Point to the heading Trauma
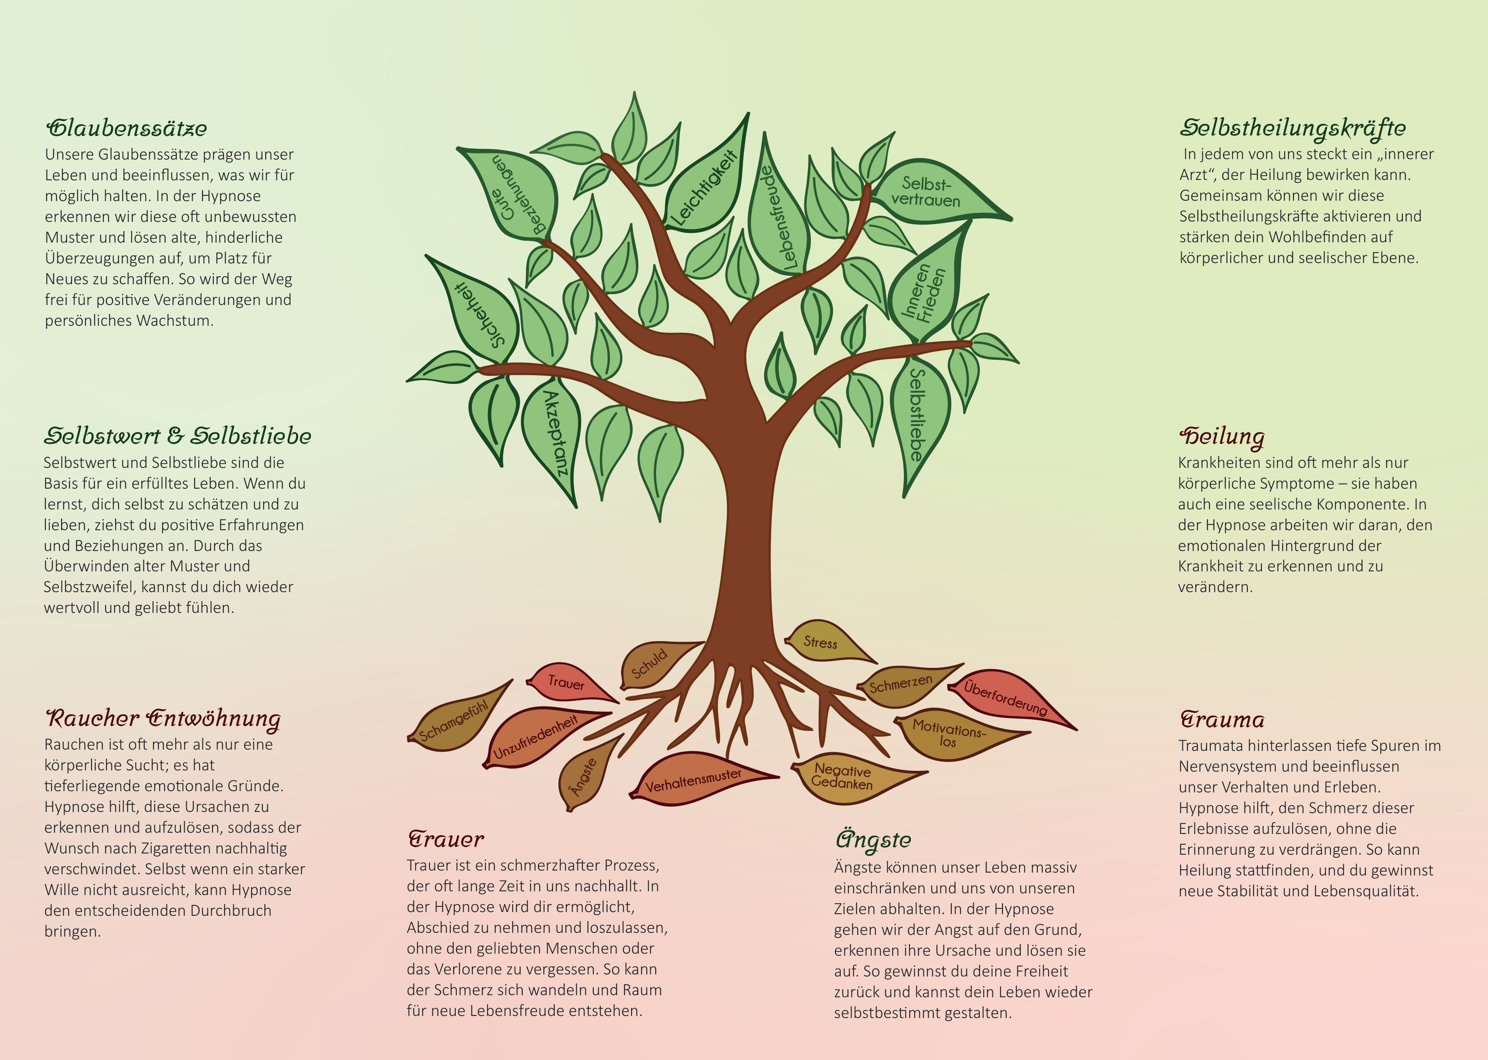click(x=1221, y=719)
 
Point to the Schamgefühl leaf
click(x=457, y=718)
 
